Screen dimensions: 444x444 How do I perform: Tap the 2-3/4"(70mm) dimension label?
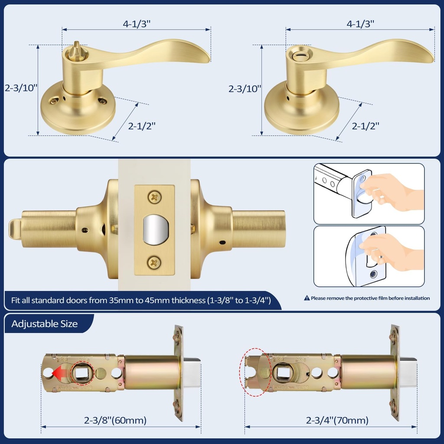coord(337,420)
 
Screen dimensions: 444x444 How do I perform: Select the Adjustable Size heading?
coord(45,324)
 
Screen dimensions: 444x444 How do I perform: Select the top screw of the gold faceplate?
coord(154,197)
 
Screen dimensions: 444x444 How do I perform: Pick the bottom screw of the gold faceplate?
coord(154,262)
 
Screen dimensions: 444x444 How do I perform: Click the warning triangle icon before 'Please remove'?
coord(307,298)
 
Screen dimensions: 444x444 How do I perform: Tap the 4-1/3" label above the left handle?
coord(136,24)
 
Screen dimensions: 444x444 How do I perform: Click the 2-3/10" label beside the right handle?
coord(245,89)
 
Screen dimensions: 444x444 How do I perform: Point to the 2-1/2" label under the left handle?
coord(142,126)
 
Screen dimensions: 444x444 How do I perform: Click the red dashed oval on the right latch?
coord(255,372)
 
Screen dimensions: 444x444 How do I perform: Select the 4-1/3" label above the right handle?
coord(360,24)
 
